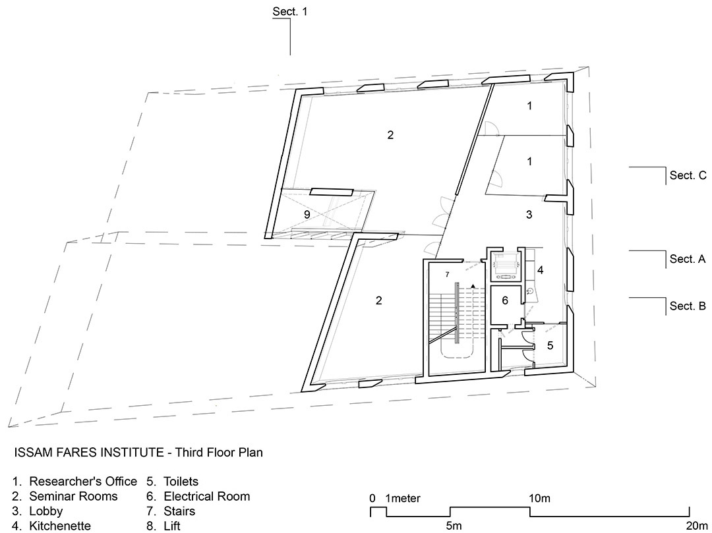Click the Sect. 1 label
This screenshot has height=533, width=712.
tap(289, 11)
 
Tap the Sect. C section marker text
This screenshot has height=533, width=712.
tap(688, 175)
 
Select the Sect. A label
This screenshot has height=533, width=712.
tap(688, 259)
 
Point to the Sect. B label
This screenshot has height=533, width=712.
tap(688, 306)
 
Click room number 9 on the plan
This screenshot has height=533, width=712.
tap(307, 215)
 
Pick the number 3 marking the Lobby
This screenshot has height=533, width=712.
tap(529, 215)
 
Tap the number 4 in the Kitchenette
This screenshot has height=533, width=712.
tap(541, 270)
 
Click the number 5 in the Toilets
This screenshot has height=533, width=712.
tap(550, 346)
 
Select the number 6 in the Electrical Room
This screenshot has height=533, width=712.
tap(505, 300)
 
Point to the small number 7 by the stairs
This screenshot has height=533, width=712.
tap(447, 275)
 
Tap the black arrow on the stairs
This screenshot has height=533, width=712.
tap(473, 286)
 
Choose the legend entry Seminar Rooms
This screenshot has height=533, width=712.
tap(74, 496)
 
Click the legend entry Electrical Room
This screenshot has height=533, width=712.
tap(206, 496)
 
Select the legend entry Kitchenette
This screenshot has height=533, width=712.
tap(60, 526)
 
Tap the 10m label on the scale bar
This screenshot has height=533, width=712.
tap(539, 499)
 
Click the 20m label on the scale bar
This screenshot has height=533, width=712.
tap(696, 526)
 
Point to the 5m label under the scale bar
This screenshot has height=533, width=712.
tap(454, 526)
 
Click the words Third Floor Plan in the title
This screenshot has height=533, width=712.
tap(219, 452)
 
